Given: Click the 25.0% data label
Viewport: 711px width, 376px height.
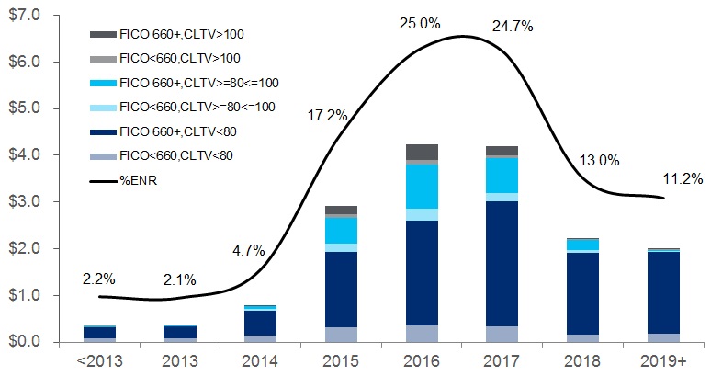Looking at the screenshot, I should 418,21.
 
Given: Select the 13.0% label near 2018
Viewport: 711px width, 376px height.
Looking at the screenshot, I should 602,160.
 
